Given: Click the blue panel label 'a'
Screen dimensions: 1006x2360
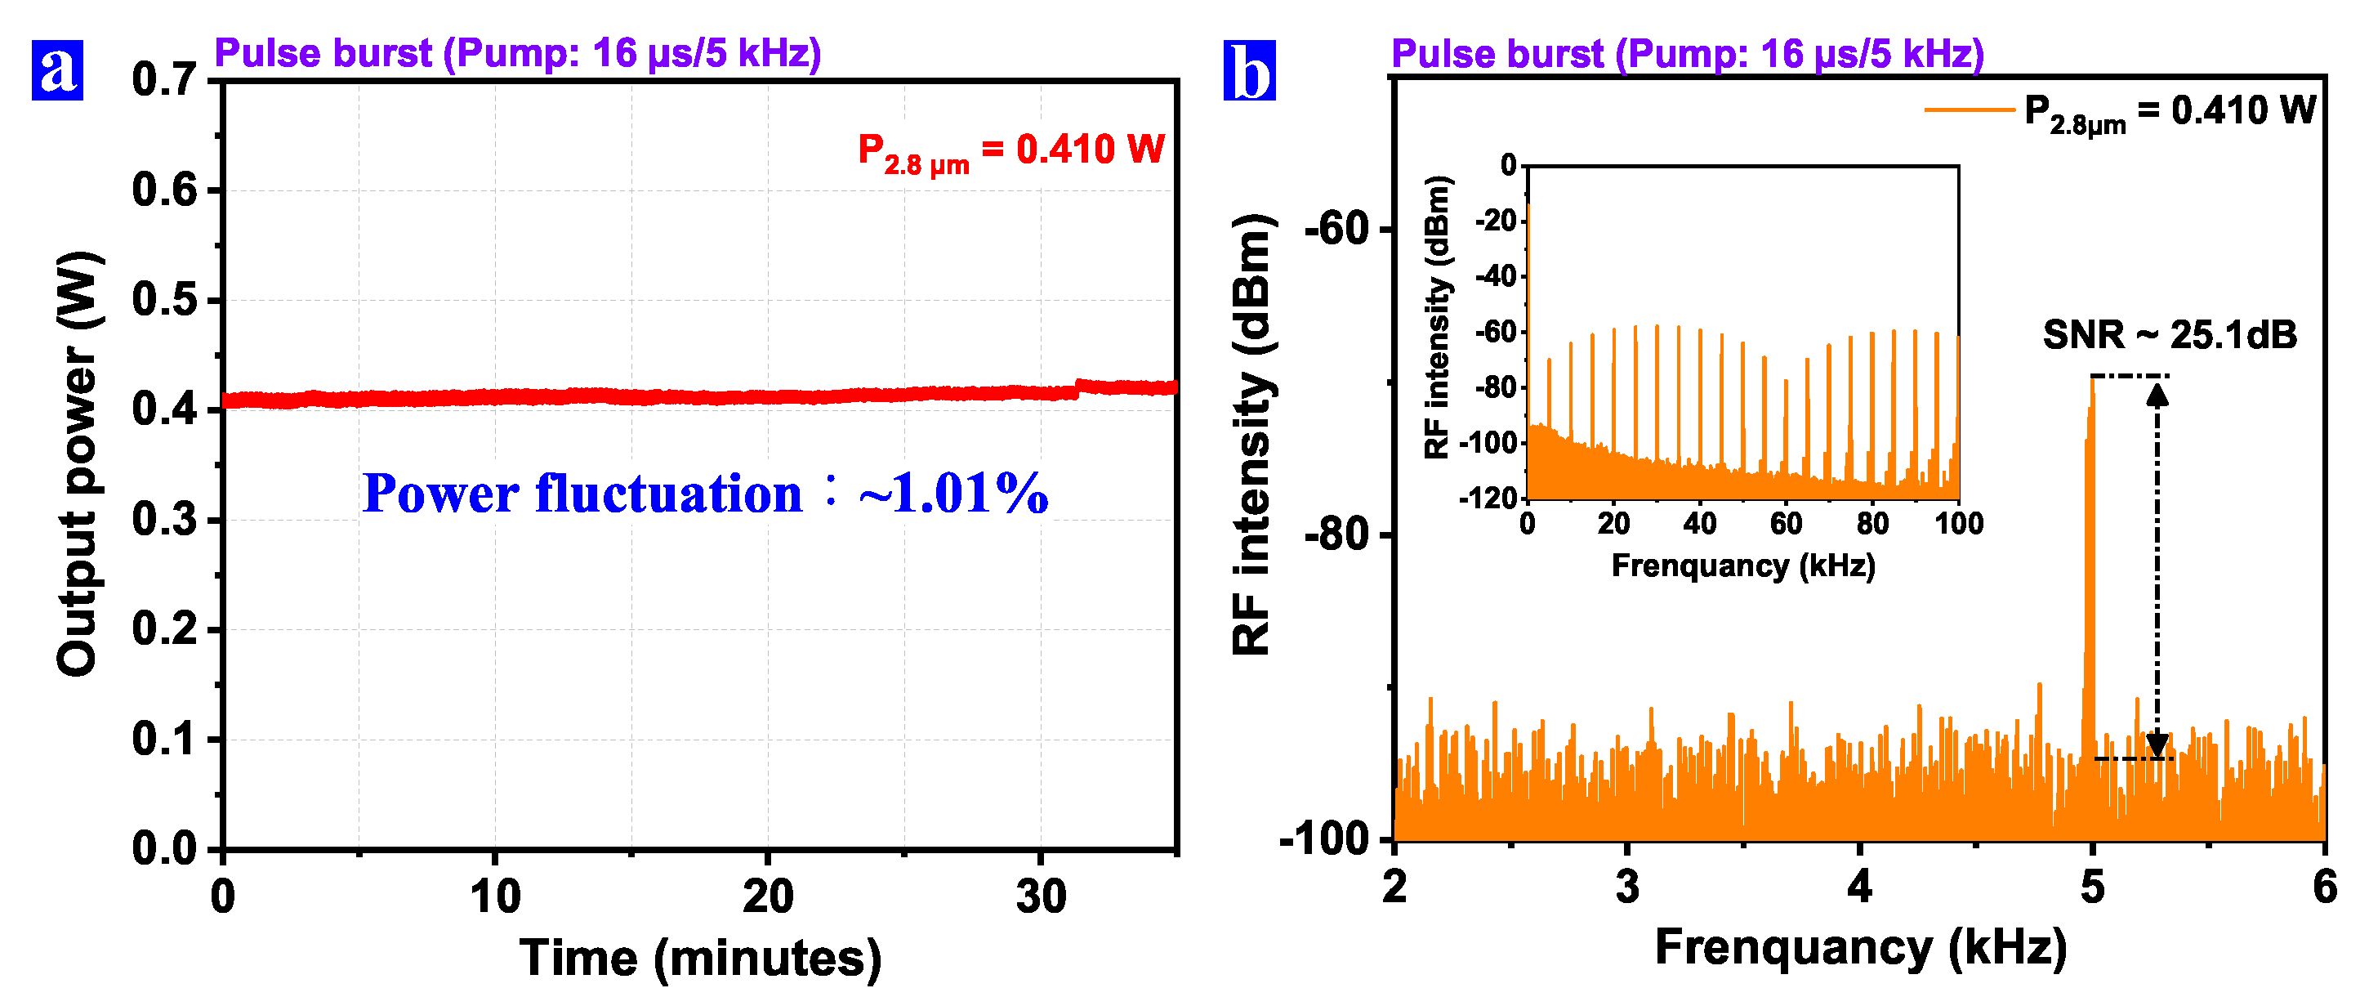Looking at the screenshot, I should (x=57, y=69).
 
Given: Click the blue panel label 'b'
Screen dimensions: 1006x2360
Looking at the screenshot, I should (x=1249, y=70).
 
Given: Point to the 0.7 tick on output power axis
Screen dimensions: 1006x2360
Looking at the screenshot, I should (x=164, y=80).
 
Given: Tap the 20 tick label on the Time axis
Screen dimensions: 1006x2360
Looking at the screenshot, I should (x=767, y=896).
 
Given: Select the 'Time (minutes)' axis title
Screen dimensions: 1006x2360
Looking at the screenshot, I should (x=700, y=959).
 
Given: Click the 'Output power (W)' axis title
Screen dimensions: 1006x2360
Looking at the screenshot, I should (x=78, y=463).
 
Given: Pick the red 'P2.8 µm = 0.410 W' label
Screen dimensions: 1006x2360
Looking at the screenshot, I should (x=1010, y=151).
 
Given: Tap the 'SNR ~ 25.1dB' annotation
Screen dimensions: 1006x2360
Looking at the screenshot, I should (x=2170, y=335).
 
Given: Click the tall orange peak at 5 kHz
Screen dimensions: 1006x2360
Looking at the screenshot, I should (x=2090, y=550).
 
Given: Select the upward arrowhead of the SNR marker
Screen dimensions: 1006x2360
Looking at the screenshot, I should (x=2157, y=394).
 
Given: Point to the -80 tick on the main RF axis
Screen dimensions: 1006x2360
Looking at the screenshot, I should (x=1336, y=534).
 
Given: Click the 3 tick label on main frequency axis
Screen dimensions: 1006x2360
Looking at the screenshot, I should (x=1626, y=887).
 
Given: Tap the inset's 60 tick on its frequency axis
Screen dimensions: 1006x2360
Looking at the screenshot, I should (x=1786, y=523).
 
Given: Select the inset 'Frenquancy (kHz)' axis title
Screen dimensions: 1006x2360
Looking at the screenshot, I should (x=1742, y=566).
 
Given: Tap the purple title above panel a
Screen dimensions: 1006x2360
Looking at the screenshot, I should (x=518, y=53).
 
